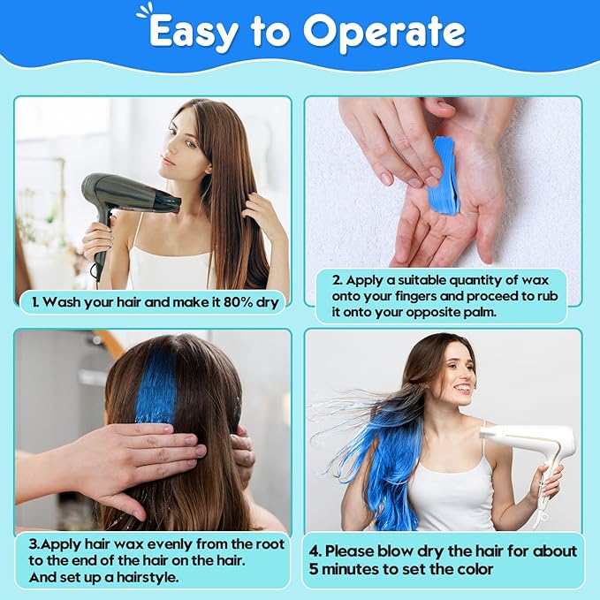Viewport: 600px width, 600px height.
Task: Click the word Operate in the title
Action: [x=384, y=32]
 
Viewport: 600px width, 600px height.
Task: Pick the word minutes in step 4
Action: [x=352, y=569]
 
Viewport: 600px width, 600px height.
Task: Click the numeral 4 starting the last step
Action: [x=315, y=551]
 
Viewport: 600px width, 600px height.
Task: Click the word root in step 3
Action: [x=270, y=544]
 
